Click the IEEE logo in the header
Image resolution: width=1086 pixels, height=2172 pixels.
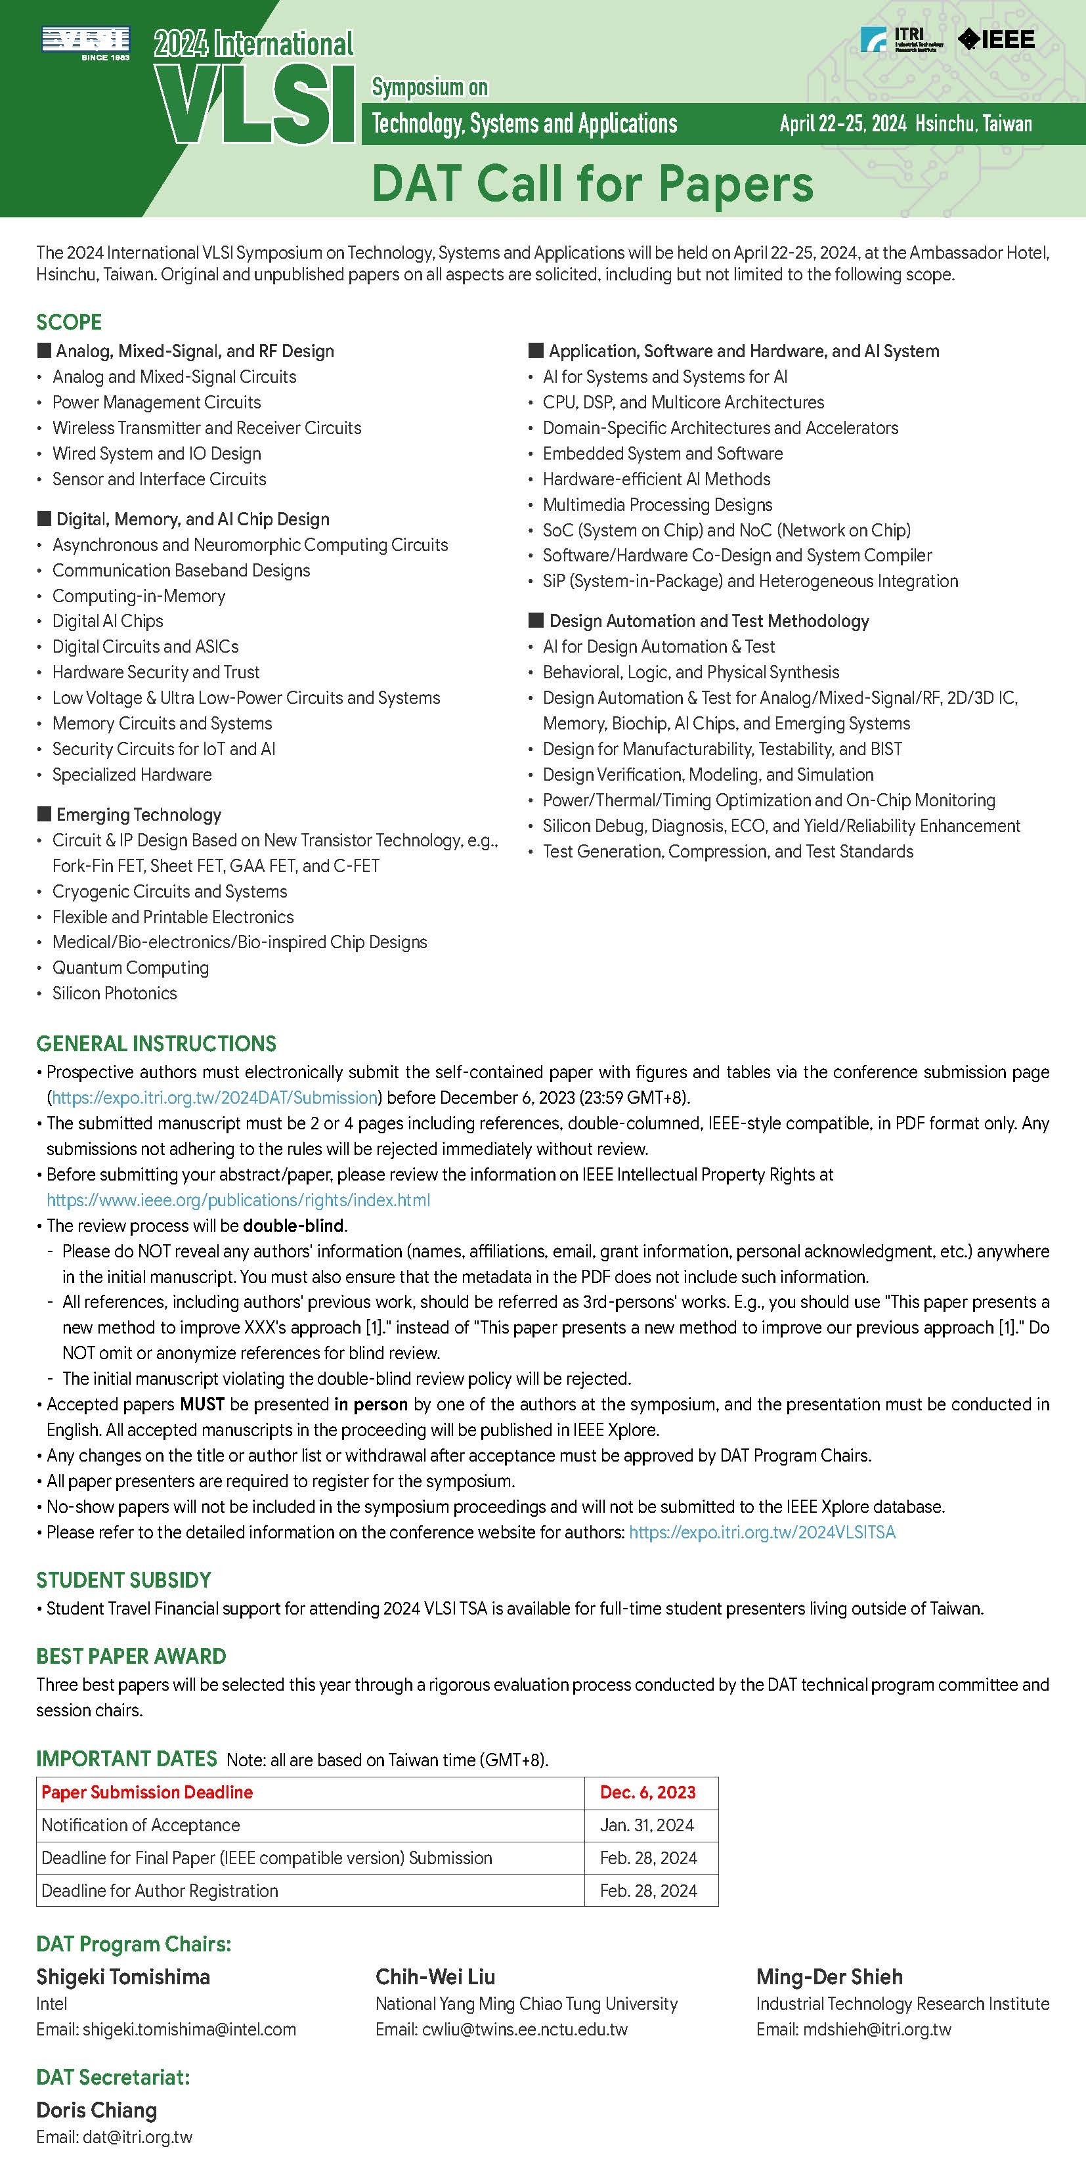(x=996, y=39)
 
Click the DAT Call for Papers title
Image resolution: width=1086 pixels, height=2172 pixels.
(x=592, y=184)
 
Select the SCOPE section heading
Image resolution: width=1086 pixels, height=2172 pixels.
(x=69, y=322)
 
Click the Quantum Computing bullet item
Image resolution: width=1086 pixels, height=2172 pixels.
(x=131, y=968)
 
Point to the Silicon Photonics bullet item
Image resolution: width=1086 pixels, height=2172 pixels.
(x=115, y=993)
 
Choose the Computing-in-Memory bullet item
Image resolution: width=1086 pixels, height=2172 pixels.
(x=139, y=596)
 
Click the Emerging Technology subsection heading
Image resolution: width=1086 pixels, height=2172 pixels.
(x=139, y=814)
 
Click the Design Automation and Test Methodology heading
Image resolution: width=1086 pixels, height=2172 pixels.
(x=708, y=621)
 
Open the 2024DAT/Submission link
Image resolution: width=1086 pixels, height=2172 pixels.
(x=215, y=1098)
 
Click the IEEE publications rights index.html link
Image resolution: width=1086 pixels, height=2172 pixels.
(x=238, y=1200)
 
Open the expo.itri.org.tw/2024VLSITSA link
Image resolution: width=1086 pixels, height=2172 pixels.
(x=762, y=1532)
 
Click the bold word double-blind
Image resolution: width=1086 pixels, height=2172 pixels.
(x=293, y=1225)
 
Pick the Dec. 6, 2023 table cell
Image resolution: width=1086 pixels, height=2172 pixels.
(x=647, y=1792)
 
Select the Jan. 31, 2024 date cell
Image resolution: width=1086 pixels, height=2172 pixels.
(x=647, y=1825)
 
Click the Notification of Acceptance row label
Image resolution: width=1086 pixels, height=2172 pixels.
(x=141, y=1825)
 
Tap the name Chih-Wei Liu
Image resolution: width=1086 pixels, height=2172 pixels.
(x=435, y=1977)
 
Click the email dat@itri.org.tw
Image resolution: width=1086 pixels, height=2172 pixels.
(x=137, y=2137)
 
